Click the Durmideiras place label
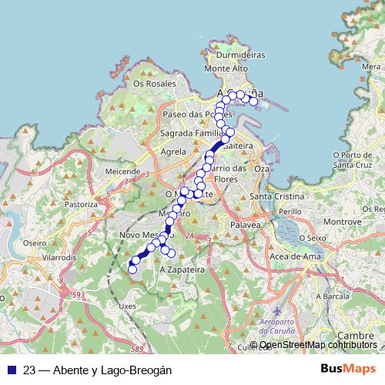coord(241,55)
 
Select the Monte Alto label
coord(230,69)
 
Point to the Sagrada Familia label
coord(192,132)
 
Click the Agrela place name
coord(174,152)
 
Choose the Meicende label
coord(123,170)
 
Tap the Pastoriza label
coord(82,205)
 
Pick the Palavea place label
coord(246,224)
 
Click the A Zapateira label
coord(182,270)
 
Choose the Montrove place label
coord(337,222)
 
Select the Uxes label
coord(128,305)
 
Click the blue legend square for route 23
coord(12,370)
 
